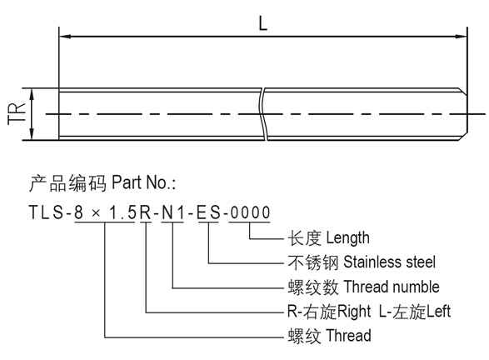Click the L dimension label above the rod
[x=263, y=23]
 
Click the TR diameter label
[x=17, y=114]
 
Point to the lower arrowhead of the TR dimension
[x=32, y=134]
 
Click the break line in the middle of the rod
[x=264, y=114]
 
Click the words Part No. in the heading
[x=144, y=182]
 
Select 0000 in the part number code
[x=250, y=212]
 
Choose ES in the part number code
[x=209, y=212]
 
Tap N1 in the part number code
[x=173, y=212]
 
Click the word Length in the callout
[x=347, y=238]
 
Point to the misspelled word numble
[x=416, y=287]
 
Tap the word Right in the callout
[x=354, y=312]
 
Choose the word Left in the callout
[x=438, y=312]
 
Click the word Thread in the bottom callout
[x=349, y=336]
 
